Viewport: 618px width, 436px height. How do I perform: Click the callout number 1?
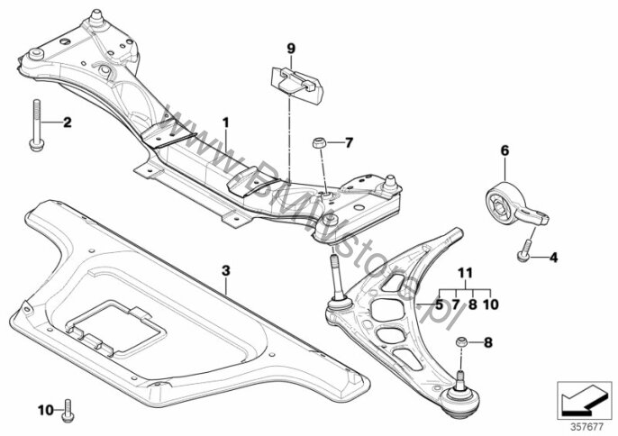[x=227, y=121]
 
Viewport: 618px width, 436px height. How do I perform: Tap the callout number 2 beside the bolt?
[x=66, y=122]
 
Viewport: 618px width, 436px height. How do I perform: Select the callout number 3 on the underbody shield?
[x=226, y=269]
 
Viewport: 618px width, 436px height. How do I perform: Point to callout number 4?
[x=553, y=259]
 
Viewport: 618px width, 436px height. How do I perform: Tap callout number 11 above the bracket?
[x=465, y=272]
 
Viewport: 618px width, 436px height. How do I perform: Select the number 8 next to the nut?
[x=488, y=342]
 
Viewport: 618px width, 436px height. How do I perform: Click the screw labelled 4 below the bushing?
[x=523, y=254]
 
